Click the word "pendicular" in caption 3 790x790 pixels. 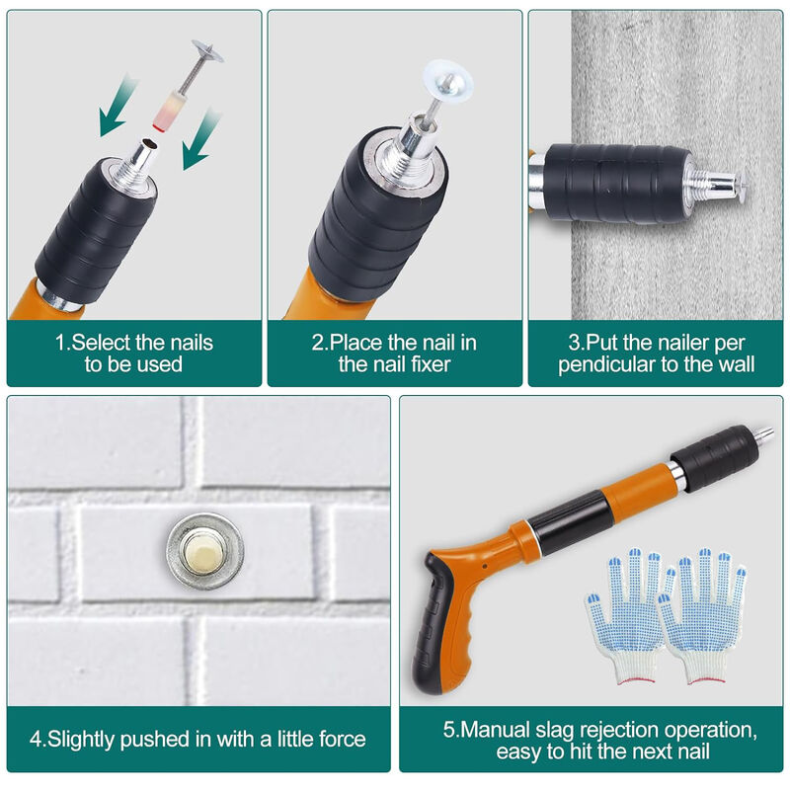click(x=602, y=364)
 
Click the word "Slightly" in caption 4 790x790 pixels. click(x=82, y=739)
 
